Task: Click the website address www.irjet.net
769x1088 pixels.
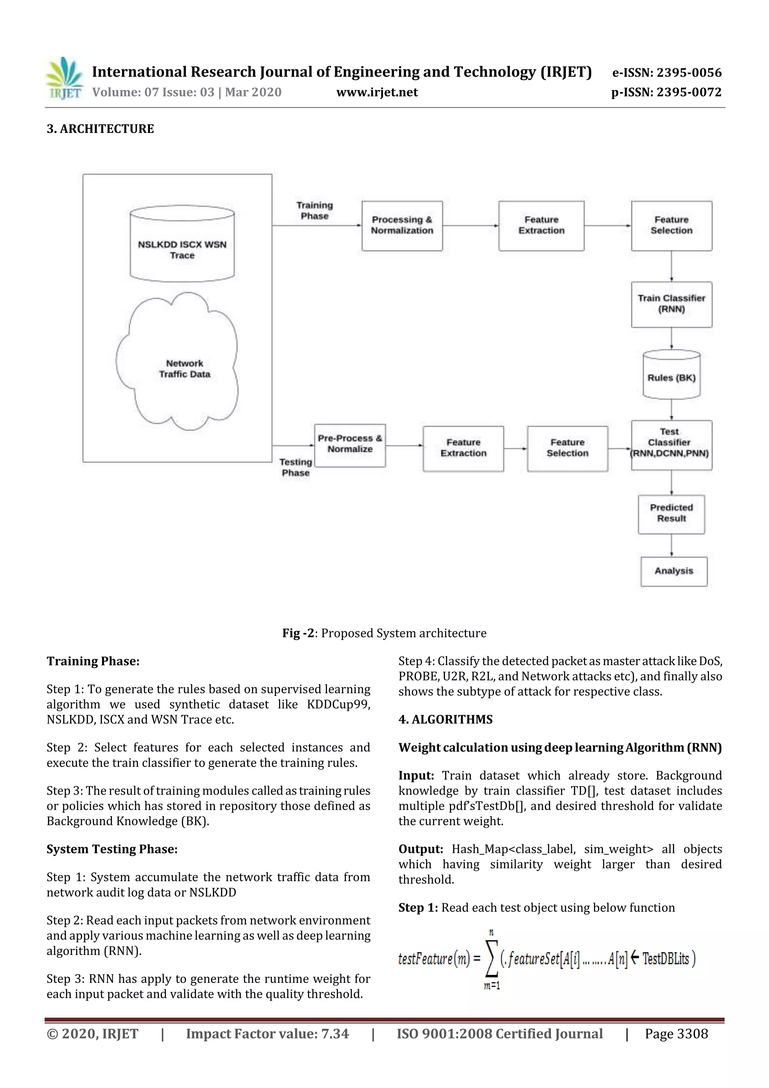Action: click(x=377, y=92)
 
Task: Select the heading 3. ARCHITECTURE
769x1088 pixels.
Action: click(x=100, y=129)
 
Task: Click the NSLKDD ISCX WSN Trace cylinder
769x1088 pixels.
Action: click(x=182, y=244)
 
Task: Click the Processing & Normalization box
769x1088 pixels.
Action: click(x=402, y=226)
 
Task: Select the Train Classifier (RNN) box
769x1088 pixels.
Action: click(x=671, y=304)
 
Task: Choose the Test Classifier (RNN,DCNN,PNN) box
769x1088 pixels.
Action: click(x=671, y=445)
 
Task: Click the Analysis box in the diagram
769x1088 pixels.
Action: click(x=673, y=571)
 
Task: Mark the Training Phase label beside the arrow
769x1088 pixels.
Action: click(x=315, y=210)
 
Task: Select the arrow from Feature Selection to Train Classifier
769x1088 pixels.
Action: click(x=671, y=266)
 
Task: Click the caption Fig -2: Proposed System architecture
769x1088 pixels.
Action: click(x=384, y=633)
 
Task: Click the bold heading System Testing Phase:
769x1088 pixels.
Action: click(x=112, y=849)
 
